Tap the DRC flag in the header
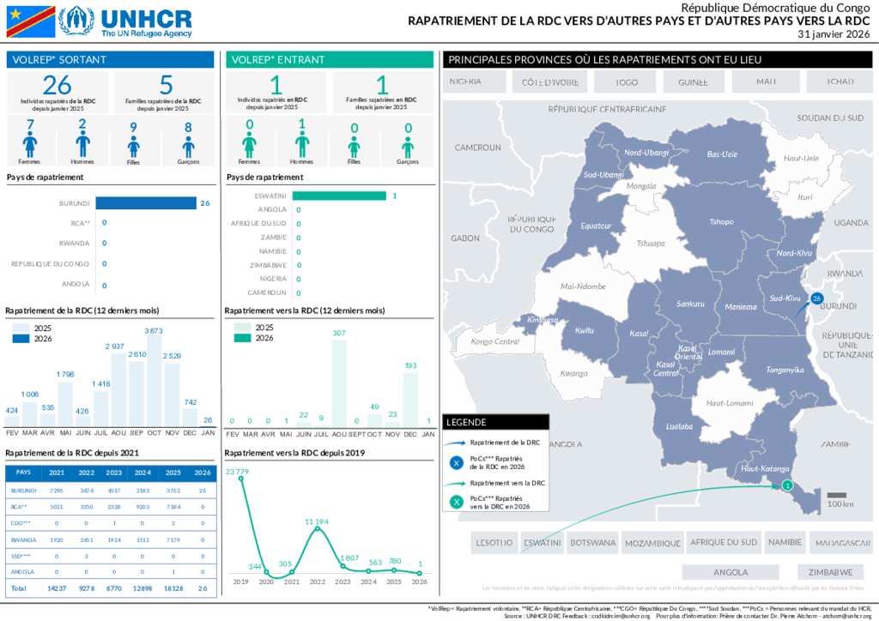(x=31, y=21)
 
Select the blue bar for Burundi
(x=146, y=203)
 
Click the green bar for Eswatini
(x=338, y=196)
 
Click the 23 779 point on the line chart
(x=241, y=479)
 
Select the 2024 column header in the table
(x=142, y=473)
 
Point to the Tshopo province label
(x=722, y=221)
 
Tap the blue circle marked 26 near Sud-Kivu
(x=816, y=298)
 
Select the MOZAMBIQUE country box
(x=652, y=542)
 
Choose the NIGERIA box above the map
(x=465, y=81)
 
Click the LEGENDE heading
(x=467, y=422)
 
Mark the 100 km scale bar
(x=837, y=494)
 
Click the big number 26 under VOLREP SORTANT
(x=58, y=86)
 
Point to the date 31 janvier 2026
(x=834, y=34)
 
